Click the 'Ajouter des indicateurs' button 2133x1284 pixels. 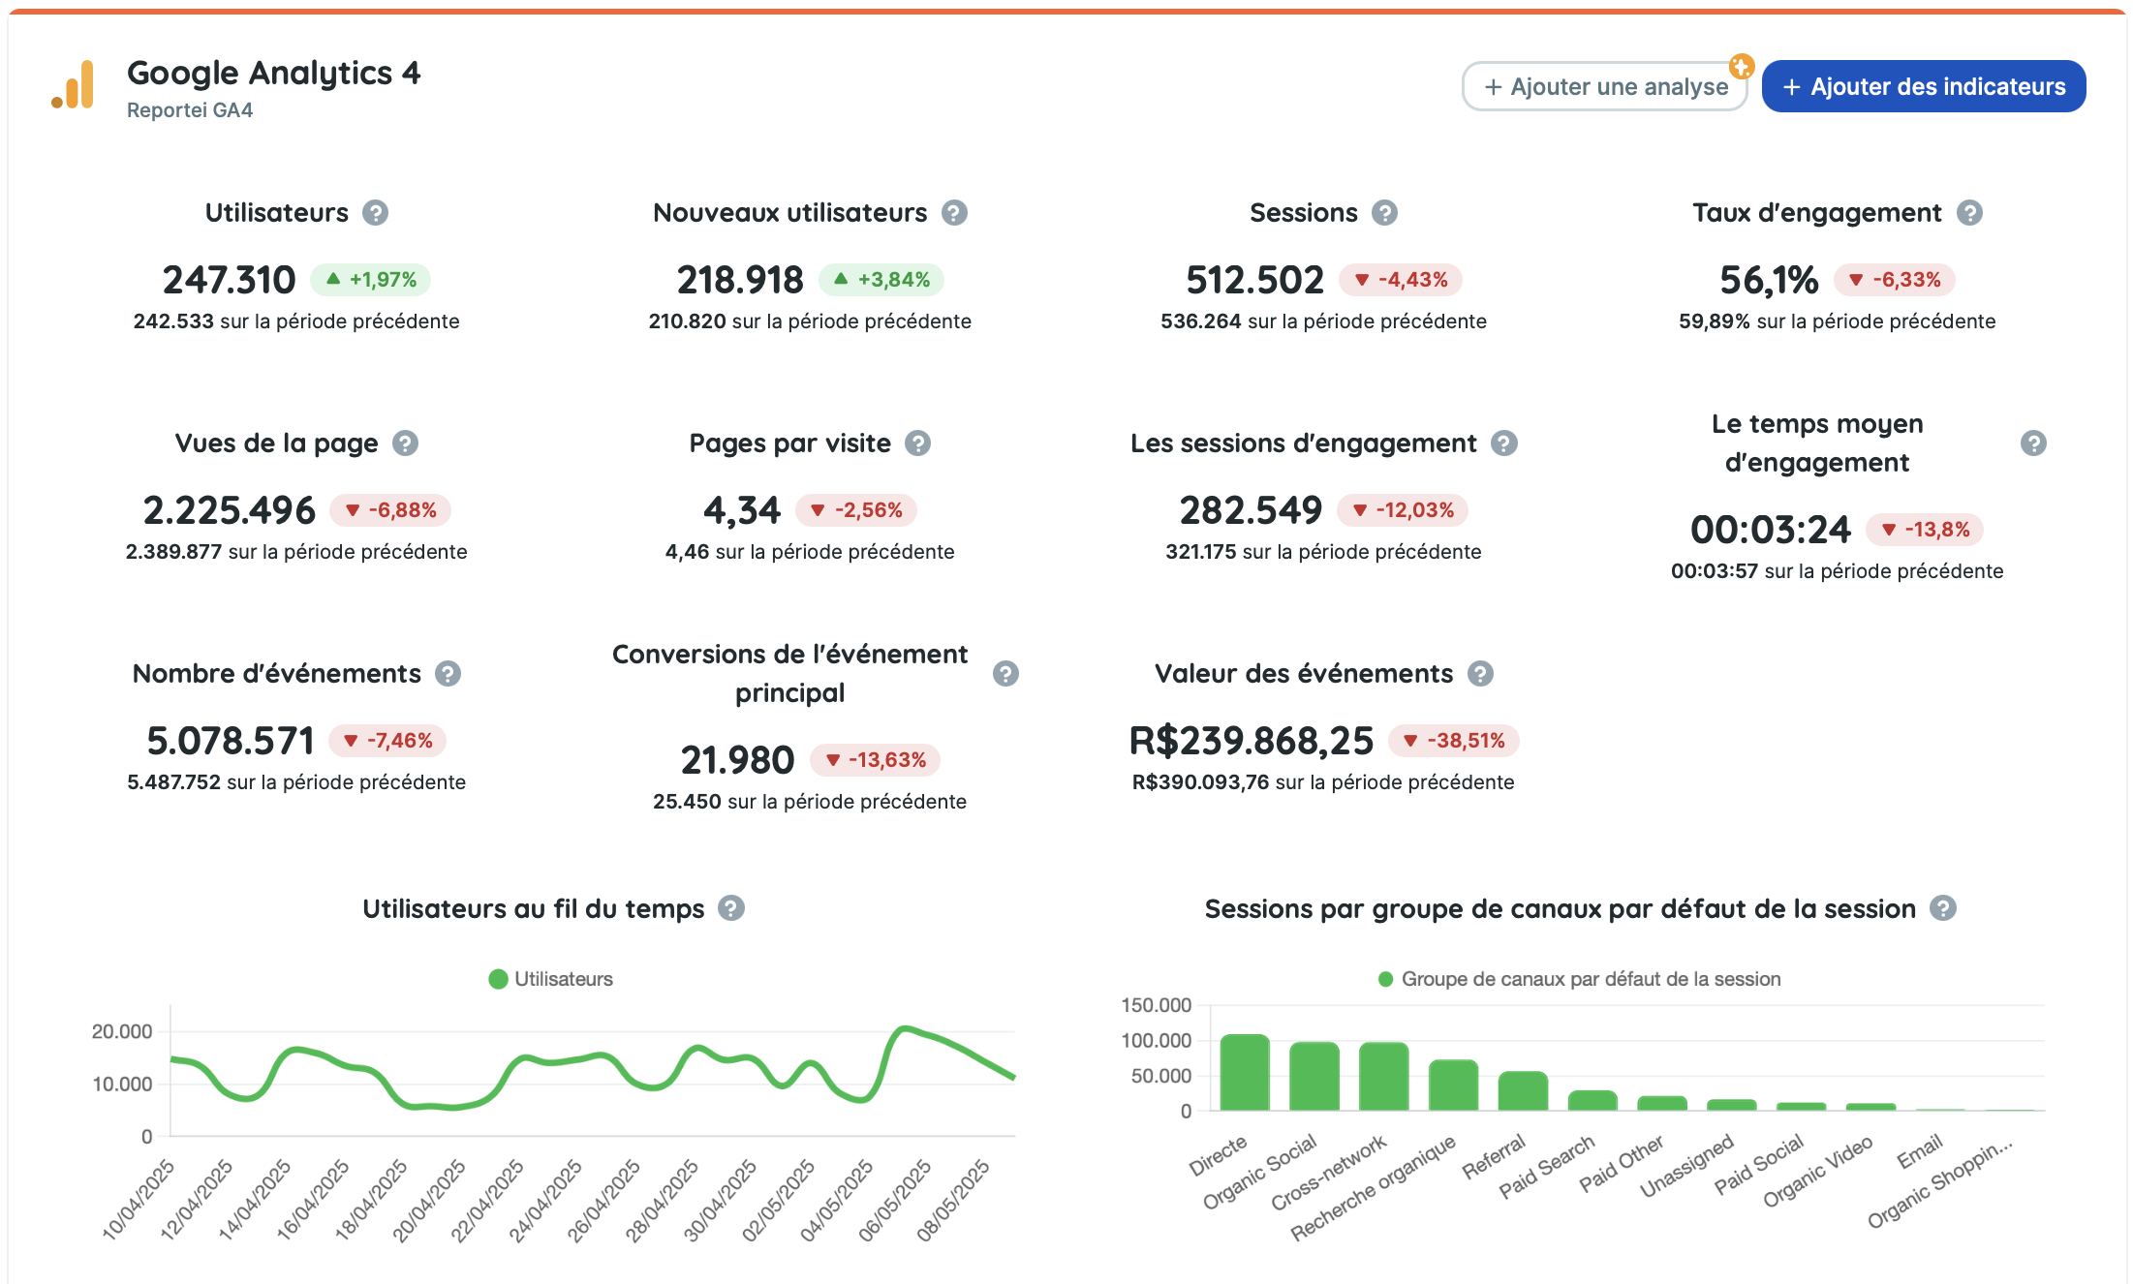click(1923, 86)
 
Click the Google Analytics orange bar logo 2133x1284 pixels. click(73, 85)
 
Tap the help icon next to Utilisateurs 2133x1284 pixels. click(375, 212)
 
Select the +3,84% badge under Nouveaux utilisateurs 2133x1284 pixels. click(881, 280)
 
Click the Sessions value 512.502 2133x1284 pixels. click(1254, 281)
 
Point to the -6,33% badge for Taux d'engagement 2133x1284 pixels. click(1895, 280)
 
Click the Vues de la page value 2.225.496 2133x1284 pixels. click(229, 510)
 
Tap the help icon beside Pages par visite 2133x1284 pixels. click(917, 443)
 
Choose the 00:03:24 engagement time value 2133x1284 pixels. click(1770, 530)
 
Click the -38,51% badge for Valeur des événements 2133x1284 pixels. click(1454, 741)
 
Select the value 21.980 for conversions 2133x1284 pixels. click(737, 760)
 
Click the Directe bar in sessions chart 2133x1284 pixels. click(1245, 1073)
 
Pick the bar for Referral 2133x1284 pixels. click(1523, 1091)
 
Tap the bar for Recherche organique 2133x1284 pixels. click(1453, 1085)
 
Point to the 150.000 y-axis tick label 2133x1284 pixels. click(1157, 1005)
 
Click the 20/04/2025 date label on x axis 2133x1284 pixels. click(429, 1201)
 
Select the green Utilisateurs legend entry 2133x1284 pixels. click(551, 979)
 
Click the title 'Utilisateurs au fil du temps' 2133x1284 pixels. click(533, 908)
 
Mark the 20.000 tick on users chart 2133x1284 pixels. click(122, 1031)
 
